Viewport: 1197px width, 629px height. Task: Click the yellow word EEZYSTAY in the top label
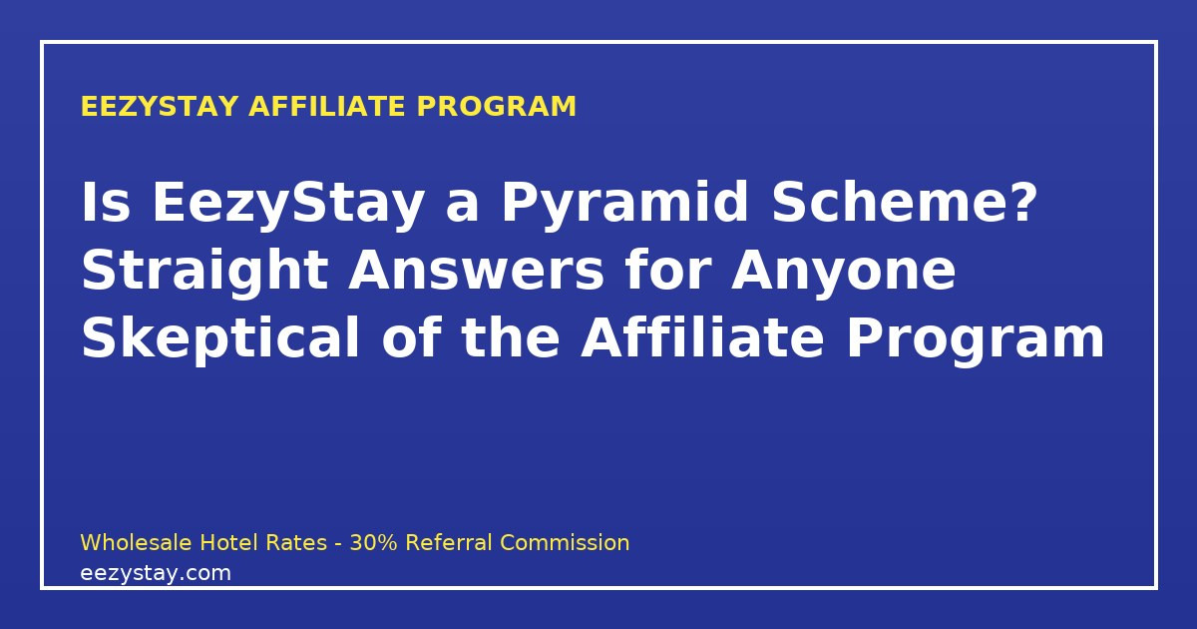(x=160, y=106)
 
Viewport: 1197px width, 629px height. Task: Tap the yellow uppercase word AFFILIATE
(x=327, y=106)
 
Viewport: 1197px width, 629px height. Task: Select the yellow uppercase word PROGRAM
(x=497, y=106)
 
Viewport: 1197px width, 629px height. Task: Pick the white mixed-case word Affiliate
(x=702, y=337)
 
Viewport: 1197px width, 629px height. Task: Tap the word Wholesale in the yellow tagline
(x=136, y=542)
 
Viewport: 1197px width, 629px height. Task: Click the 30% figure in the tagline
(x=373, y=542)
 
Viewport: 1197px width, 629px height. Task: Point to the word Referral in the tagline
(x=449, y=542)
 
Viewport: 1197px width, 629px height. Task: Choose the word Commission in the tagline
(x=565, y=542)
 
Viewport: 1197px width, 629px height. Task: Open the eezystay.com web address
(x=156, y=574)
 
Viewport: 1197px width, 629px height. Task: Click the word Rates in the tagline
(x=296, y=542)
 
